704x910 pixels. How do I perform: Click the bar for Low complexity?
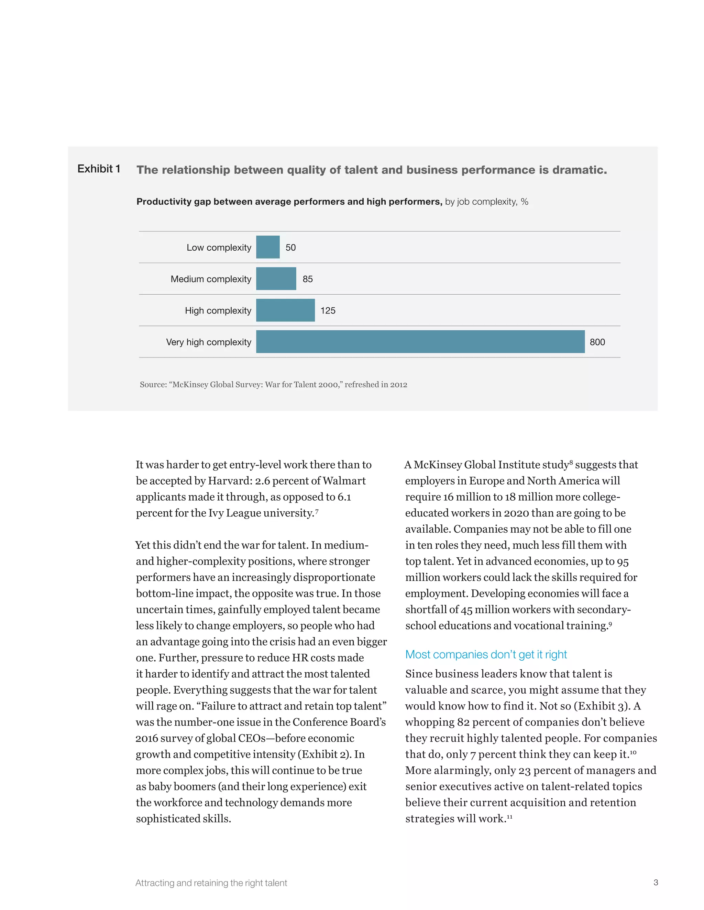click(x=268, y=247)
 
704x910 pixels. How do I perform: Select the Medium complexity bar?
click(x=276, y=279)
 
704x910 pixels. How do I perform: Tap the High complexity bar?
click(x=285, y=310)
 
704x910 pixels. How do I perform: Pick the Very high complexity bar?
click(x=420, y=342)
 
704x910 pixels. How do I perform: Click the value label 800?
click(x=597, y=342)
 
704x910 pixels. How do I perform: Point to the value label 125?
click(x=328, y=310)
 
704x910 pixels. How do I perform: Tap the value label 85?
click(x=307, y=279)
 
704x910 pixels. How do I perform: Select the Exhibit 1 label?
click(x=99, y=169)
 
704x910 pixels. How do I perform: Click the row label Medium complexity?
click(x=211, y=279)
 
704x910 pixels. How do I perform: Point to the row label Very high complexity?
click(x=209, y=342)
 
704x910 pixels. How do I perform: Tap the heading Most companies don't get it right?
click(x=486, y=654)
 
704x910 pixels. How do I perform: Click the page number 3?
click(x=656, y=882)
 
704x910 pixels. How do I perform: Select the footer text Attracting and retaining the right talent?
click(x=211, y=883)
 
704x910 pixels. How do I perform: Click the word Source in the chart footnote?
click(x=153, y=385)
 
